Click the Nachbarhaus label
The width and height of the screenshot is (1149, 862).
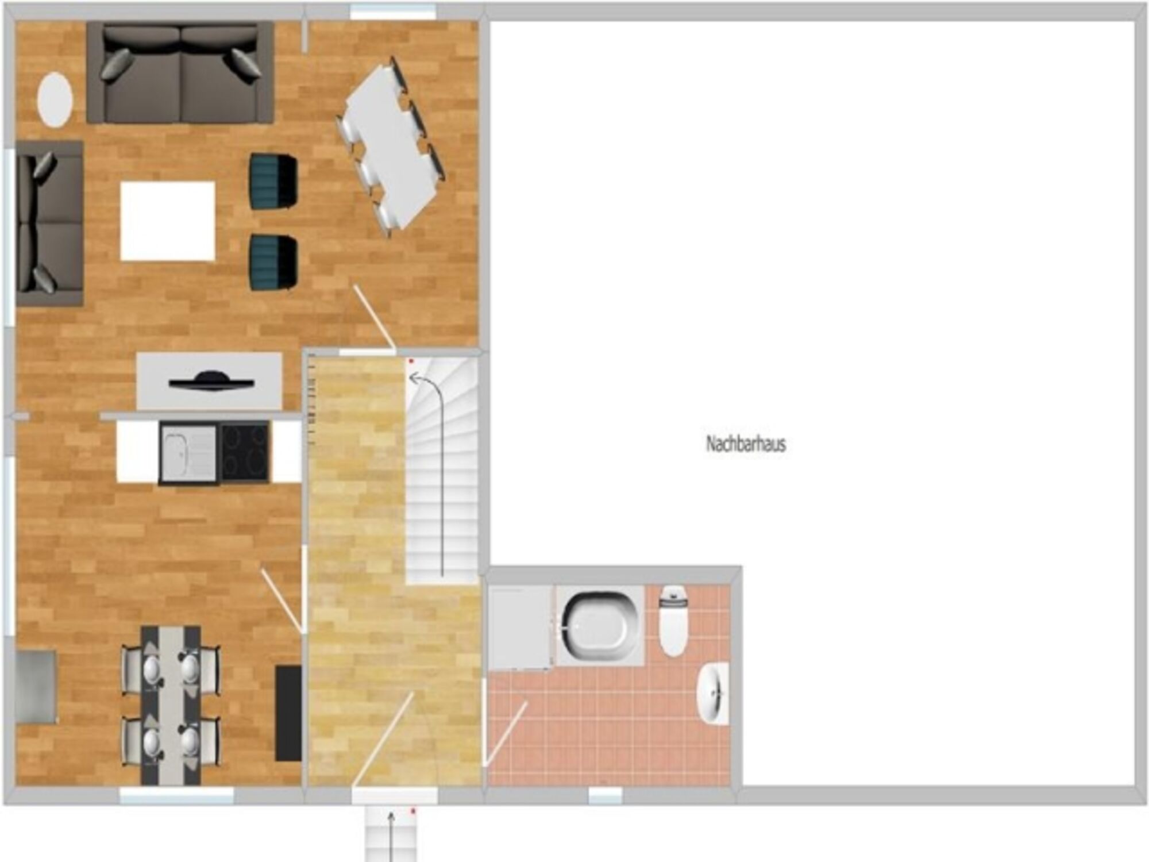click(746, 444)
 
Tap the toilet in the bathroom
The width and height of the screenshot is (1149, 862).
click(673, 621)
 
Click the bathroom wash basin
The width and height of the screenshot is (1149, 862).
click(713, 693)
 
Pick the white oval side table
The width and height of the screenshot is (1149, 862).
click(55, 100)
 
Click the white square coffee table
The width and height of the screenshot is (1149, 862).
click(168, 221)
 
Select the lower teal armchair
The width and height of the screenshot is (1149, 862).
click(273, 262)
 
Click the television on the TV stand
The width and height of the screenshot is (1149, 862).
click(211, 382)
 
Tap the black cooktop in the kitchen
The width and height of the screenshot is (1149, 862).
click(245, 451)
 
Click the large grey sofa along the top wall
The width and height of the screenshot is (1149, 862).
click(180, 73)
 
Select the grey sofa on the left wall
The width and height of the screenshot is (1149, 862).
click(49, 224)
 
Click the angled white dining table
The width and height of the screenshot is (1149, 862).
click(392, 147)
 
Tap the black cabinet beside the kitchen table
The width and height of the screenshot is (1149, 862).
click(288, 713)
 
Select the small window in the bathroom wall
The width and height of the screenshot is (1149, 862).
click(605, 795)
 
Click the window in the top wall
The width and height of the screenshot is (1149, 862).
click(393, 12)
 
